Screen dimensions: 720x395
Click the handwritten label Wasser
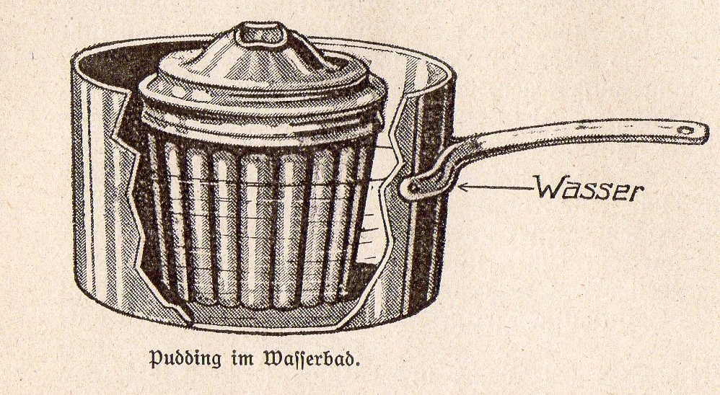click(x=589, y=189)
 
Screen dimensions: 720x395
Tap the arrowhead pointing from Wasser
click(x=462, y=187)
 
